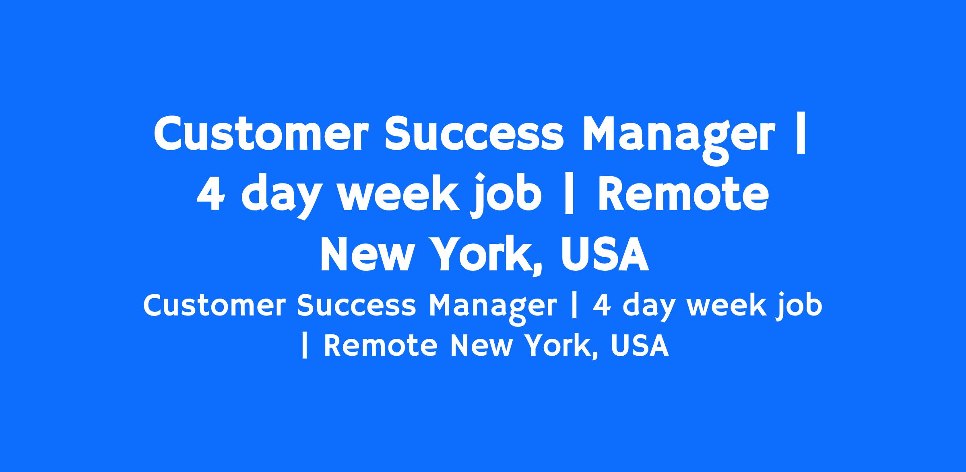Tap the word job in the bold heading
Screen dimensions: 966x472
click(x=507, y=196)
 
